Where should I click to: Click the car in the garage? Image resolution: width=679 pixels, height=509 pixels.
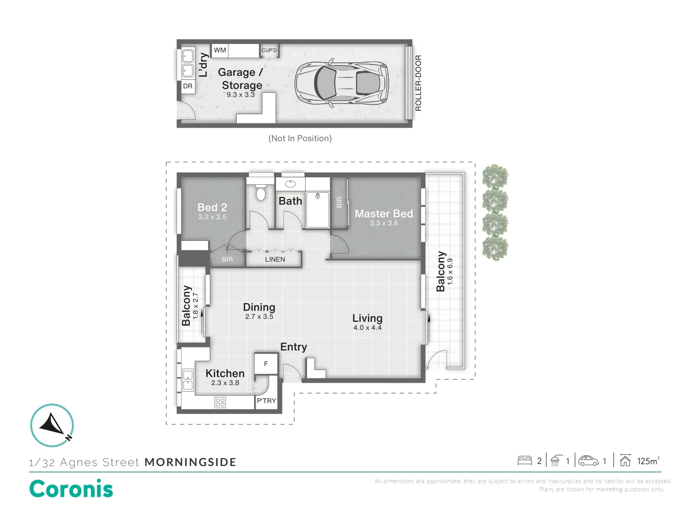341,83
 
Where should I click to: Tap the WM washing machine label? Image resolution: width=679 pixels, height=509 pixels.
220,50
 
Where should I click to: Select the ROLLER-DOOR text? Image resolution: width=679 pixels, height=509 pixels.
418,83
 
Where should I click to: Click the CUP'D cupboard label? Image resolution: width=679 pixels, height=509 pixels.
269,50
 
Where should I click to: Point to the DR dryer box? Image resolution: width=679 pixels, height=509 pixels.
188,86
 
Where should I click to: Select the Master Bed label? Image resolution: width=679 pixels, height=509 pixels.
384,213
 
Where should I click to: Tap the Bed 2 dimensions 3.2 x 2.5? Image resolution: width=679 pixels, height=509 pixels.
212,217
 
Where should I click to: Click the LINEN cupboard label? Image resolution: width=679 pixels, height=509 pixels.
275,259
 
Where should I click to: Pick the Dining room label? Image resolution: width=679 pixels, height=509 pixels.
259,307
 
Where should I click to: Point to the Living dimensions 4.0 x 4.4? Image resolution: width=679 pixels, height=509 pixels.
367,328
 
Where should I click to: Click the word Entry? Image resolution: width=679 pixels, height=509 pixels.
293,347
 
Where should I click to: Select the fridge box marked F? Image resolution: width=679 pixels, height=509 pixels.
266,364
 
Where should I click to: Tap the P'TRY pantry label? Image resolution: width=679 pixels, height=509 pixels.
266,401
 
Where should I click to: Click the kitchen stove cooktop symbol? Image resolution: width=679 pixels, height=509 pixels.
220,402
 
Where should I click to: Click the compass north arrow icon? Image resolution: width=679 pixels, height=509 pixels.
52,425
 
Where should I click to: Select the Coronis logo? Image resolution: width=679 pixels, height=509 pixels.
71,489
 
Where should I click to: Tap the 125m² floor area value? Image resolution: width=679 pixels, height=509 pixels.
648,461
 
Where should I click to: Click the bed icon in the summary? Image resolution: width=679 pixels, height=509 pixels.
525,460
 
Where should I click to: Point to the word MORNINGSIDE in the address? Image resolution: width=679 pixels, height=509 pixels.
190,462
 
